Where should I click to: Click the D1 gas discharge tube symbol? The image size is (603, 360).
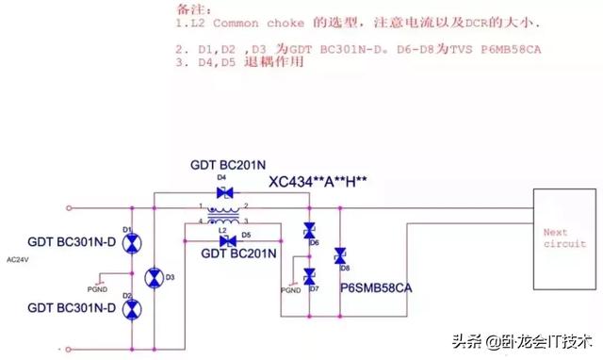pyautogui.click(x=133, y=244)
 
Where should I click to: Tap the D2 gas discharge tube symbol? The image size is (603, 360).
pyautogui.click(x=133, y=308)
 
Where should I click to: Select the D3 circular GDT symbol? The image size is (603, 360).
pyautogui.click(x=155, y=277)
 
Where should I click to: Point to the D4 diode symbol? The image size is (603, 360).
pyautogui.click(x=224, y=192)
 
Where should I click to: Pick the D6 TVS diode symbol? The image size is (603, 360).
pyautogui.click(x=308, y=231)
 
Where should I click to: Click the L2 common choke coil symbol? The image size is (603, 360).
pyautogui.click(x=224, y=216)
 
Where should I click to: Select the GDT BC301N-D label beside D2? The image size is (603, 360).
pyautogui.click(x=72, y=307)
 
